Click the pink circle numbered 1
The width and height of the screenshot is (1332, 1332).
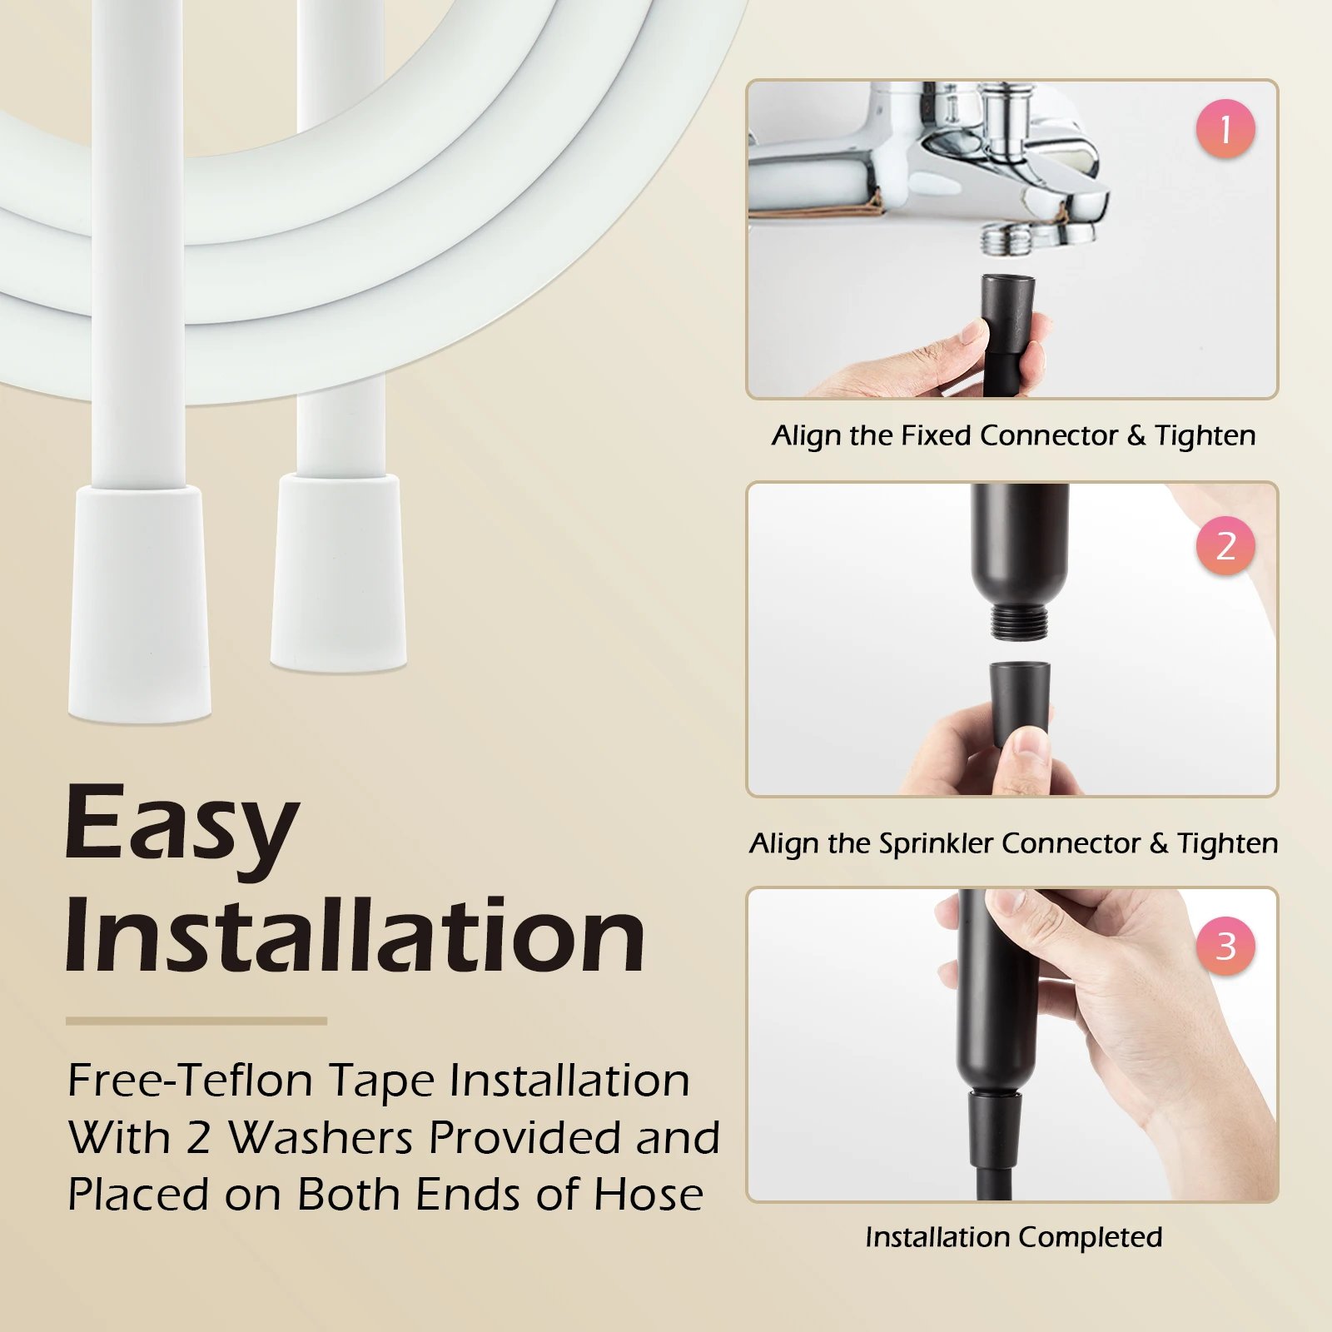1225,129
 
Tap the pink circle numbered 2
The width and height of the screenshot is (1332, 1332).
1225,545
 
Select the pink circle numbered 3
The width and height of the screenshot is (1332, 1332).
1225,946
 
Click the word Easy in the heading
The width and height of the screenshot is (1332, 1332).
181,824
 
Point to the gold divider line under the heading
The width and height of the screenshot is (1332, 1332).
196,1021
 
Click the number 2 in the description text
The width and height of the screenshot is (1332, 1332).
198,1137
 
